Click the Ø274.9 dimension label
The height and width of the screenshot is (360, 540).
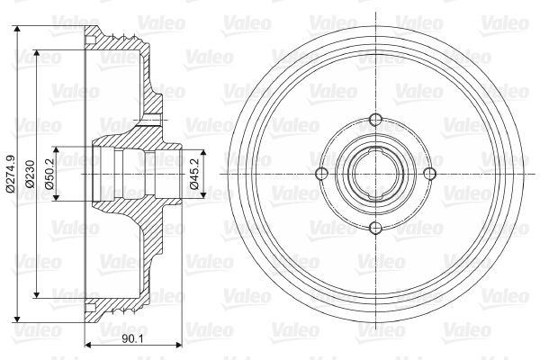(10, 174)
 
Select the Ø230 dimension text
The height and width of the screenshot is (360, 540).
(30, 174)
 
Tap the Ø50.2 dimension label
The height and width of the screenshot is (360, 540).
(49, 174)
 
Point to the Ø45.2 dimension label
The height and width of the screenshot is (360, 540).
(194, 174)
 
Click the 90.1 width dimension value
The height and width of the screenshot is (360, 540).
(132, 339)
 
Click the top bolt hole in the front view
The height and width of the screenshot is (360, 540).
(375, 120)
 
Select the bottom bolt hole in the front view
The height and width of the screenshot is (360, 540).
(375, 228)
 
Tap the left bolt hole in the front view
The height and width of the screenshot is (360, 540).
(321, 174)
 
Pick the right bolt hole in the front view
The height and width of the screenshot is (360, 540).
(429, 174)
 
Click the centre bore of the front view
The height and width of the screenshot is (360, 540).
(375, 174)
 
